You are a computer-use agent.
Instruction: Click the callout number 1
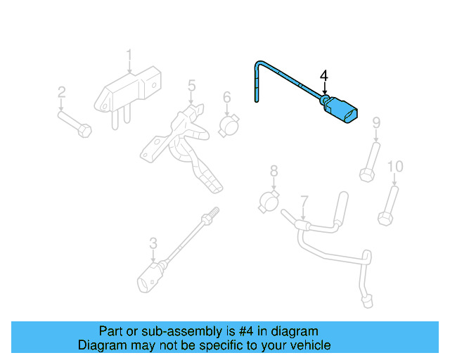129,55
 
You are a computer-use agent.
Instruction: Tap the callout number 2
61,92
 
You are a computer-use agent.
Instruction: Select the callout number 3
153,243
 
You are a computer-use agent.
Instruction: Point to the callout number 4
324,75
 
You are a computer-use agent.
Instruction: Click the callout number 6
227,97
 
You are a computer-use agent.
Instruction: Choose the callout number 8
274,170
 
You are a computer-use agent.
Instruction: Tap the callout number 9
376,123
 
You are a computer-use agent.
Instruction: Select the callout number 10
396,166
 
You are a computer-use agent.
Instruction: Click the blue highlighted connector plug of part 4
342,113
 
